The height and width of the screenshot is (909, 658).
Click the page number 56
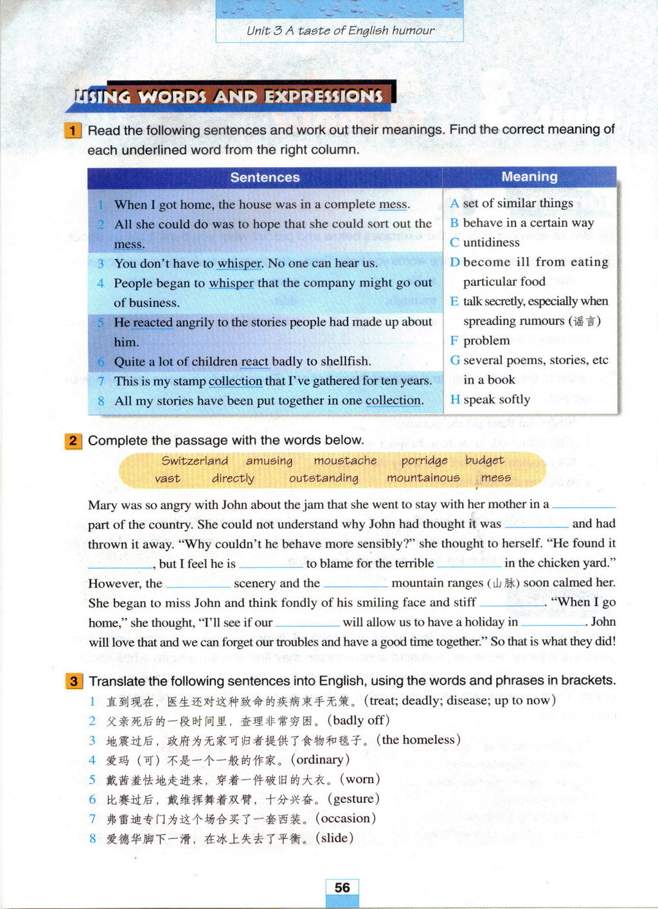coord(342,888)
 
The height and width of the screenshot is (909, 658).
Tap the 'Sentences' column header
coord(265,177)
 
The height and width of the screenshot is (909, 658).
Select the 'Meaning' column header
coord(529,177)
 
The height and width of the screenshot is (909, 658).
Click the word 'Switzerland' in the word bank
coord(195,461)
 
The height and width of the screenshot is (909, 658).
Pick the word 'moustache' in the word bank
coord(345,461)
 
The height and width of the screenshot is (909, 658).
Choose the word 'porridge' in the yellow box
coord(424,461)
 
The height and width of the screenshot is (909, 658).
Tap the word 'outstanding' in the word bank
coord(324,478)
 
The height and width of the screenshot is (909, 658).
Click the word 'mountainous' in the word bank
coord(423,478)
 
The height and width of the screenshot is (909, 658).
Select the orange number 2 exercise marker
coord(73,441)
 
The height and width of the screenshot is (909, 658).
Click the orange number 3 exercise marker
coord(74,681)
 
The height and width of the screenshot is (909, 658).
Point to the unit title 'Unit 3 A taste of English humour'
coord(340,30)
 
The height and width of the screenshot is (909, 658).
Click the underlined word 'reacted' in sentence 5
coord(153,322)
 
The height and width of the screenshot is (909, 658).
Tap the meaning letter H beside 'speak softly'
coord(455,400)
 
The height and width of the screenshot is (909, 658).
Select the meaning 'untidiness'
coord(491,242)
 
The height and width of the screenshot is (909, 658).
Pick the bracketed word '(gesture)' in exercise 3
coord(353,799)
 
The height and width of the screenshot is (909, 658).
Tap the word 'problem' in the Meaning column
coord(486,340)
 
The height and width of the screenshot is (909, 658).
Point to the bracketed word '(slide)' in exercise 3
coord(334,838)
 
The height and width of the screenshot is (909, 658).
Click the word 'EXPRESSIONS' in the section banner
coord(324,96)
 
